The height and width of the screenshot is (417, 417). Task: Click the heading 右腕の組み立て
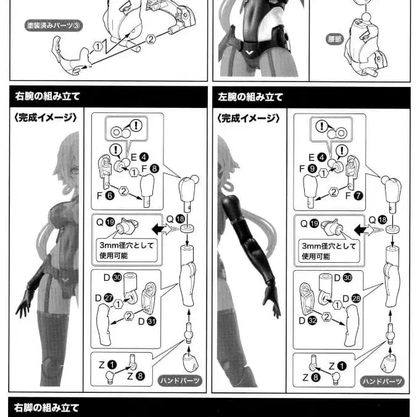(47, 96)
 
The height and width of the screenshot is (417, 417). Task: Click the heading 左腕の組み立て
(250, 97)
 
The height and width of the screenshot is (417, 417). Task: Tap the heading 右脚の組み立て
(46, 407)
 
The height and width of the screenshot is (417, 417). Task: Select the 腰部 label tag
(334, 39)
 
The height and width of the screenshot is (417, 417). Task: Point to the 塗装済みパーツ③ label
(54, 25)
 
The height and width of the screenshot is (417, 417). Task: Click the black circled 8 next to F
(154, 168)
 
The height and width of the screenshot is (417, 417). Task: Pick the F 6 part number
(105, 196)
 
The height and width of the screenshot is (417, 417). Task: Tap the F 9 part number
(308, 169)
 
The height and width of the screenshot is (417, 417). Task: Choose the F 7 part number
(354, 196)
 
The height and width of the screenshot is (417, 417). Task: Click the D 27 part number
(104, 298)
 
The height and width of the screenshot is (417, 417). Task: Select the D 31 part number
(147, 321)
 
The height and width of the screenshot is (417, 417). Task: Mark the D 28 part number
(352, 299)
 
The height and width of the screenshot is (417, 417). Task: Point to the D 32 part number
(308, 321)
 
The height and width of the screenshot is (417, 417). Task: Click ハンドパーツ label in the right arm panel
(180, 381)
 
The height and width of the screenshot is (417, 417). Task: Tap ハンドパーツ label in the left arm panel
(382, 381)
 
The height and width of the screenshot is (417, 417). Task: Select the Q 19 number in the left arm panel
(309, 223)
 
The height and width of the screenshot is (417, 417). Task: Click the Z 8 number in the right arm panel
(136, 376)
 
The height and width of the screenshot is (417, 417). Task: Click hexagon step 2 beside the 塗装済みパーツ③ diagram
(151, 39)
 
